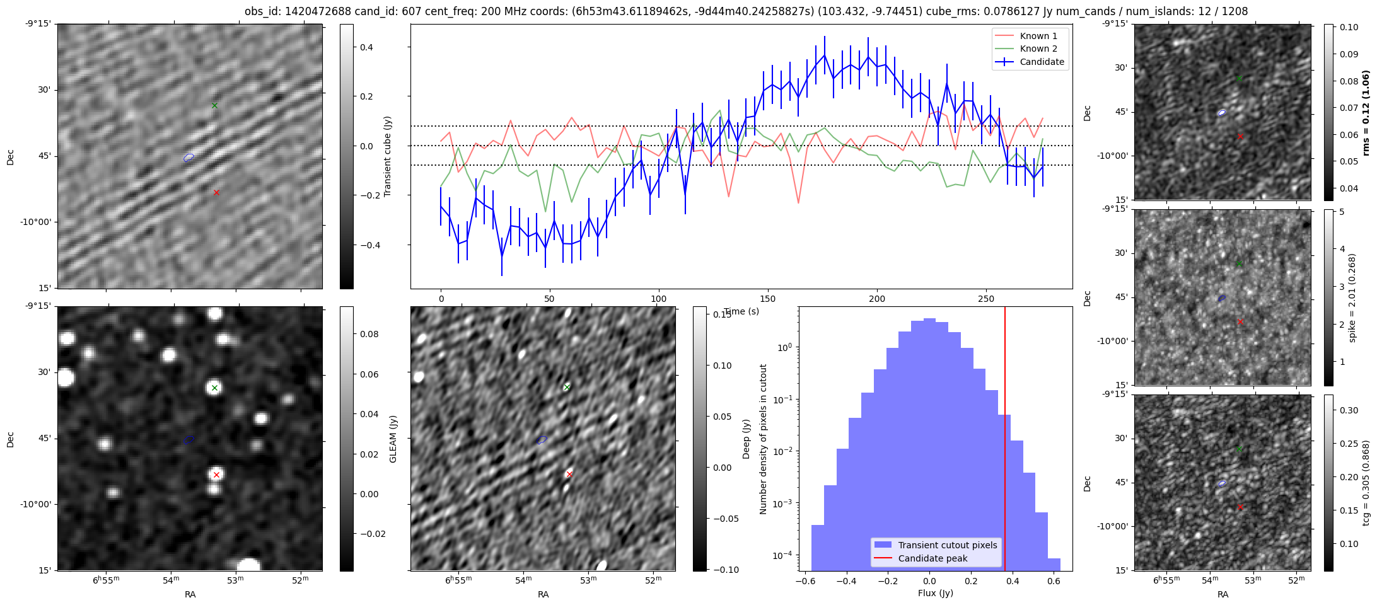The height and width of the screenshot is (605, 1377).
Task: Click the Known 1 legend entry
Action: coord(1038,36)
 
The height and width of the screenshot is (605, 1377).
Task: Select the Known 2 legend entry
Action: coord(1038,49)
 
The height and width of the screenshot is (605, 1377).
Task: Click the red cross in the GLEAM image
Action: coord(216,475)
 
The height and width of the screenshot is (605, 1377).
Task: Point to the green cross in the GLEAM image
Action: coord(214,388)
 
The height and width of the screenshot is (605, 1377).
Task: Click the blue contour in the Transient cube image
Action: coord(189,158)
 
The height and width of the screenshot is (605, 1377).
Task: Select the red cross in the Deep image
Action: coord(569,474)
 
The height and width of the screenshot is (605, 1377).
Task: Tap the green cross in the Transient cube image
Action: coord(214,105)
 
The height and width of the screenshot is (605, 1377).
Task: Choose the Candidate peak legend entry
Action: coord(933,558)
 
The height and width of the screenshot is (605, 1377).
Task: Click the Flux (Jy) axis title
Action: coord(936,593)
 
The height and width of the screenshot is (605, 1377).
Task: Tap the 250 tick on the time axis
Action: coord(985,299)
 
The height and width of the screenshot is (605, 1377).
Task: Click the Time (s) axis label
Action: coord(741,311)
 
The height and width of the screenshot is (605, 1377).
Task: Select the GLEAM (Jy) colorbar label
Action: coord(393,439)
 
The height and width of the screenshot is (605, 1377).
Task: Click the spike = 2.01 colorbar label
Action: coord(1352,298)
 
